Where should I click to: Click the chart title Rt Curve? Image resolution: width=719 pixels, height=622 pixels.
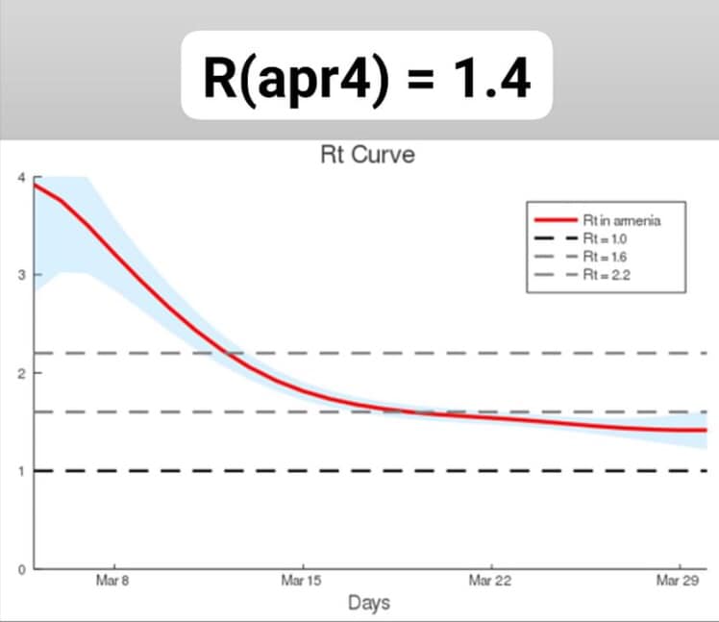(367, 156)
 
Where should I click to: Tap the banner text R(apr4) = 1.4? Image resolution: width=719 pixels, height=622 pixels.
(366, 78)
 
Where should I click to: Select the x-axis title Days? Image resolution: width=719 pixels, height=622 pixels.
(368, 603)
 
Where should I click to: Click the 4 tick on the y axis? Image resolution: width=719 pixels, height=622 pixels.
(22, 178)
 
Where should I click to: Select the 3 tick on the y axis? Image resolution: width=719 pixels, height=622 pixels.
(22, 276)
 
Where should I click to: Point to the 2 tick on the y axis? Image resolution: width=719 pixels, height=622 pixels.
(22, 373)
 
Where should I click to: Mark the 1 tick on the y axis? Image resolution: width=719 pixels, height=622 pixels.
(22, 471)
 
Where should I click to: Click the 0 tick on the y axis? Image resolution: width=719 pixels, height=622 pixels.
(22, 569)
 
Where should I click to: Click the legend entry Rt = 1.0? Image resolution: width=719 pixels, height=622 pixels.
(605, 238)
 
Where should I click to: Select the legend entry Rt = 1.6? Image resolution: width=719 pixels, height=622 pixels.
(605, 257)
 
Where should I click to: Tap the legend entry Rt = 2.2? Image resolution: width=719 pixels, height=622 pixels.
(605, 275)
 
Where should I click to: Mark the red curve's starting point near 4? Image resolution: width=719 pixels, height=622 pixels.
(36, 185)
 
